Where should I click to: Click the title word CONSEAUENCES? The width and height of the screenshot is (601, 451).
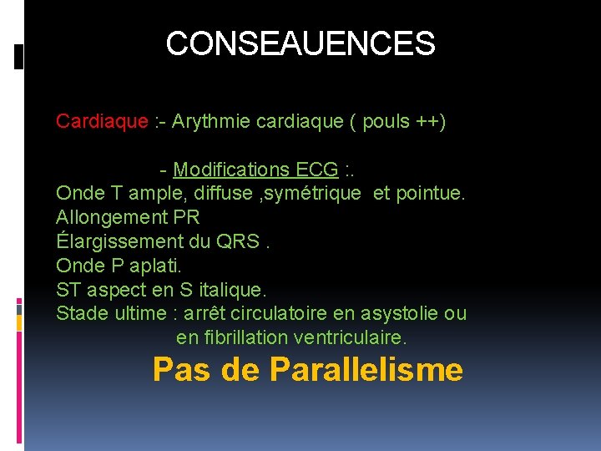click(300, 43)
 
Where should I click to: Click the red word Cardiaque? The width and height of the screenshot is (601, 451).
click(102, 121)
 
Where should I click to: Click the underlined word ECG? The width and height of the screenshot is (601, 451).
click(317, 170)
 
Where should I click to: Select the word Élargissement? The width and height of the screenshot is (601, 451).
click(116, 242)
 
